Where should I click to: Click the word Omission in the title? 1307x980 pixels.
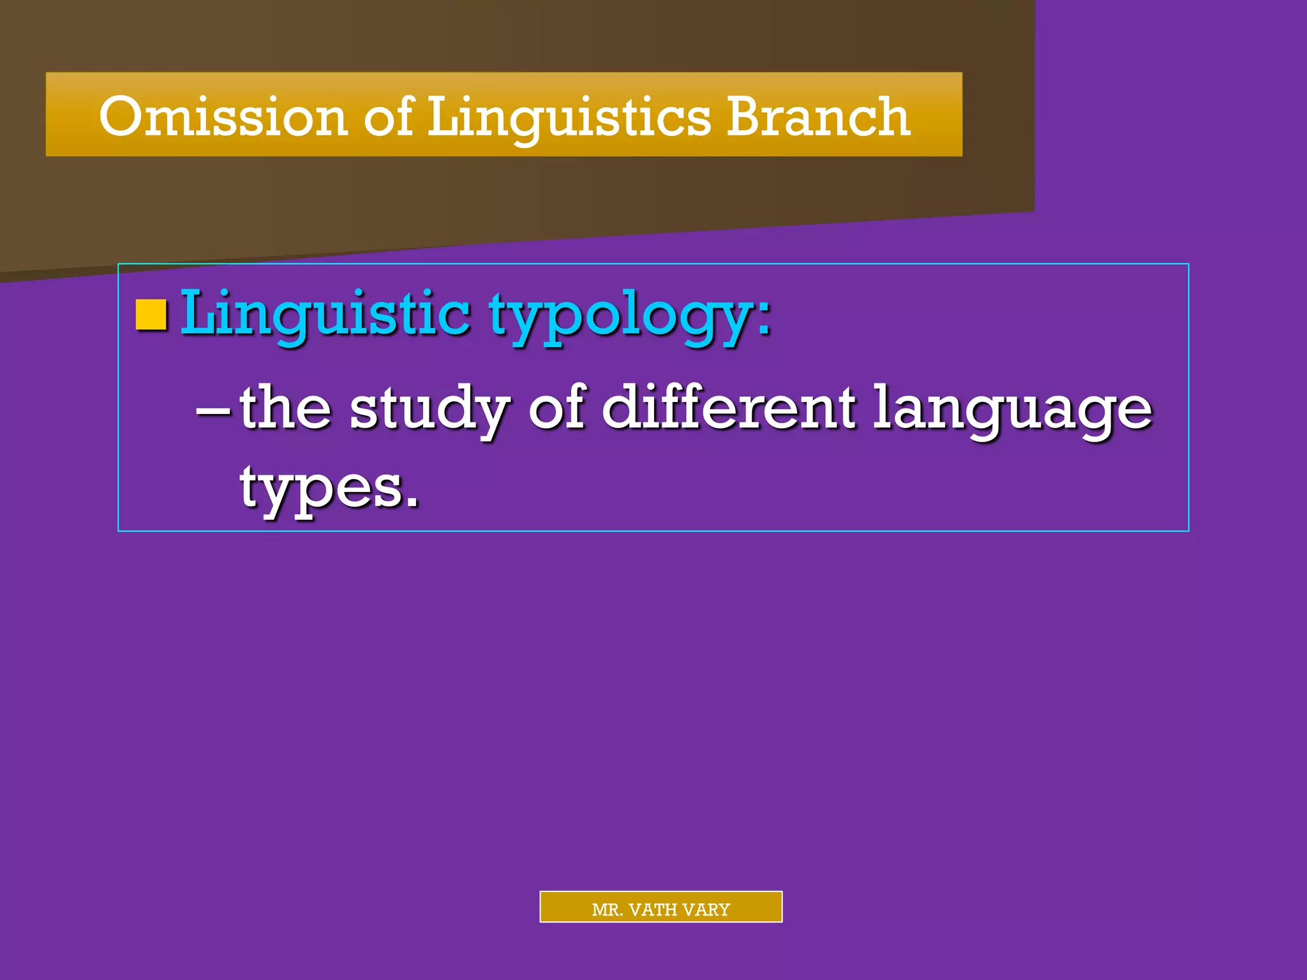[223, 116]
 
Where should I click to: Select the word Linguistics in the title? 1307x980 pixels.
[569, 117]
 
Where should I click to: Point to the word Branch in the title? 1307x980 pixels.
[818, 116]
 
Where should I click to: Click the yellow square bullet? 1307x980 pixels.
[152, 315]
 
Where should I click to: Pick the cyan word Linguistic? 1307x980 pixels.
[325, 314]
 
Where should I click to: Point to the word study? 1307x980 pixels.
[429, 410]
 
